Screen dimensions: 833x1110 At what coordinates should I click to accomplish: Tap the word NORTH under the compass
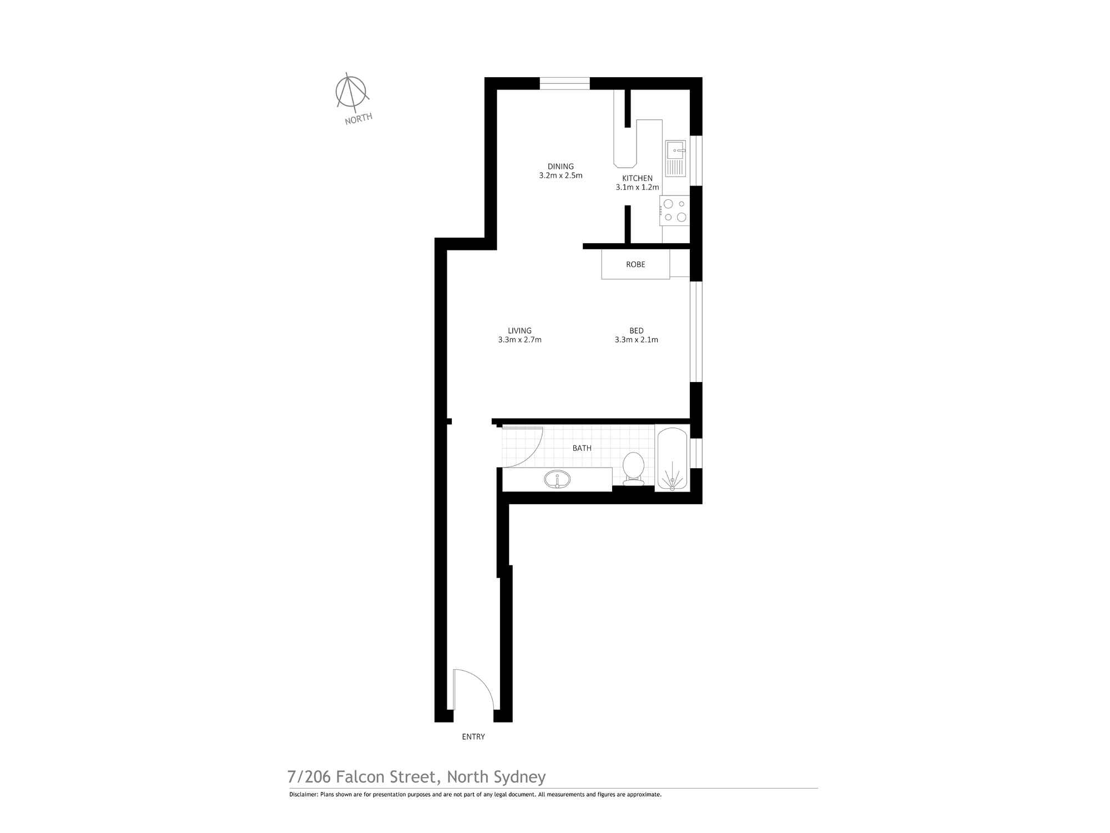point(359,119)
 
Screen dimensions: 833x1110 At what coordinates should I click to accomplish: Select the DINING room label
point(561,166)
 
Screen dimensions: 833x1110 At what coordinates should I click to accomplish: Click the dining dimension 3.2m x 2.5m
point(561,175)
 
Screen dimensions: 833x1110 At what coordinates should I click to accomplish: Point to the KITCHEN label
point(637,178)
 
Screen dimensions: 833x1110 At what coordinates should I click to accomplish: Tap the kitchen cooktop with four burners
point(675,210)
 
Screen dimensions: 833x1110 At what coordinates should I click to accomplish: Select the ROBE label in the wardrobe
point(635,264)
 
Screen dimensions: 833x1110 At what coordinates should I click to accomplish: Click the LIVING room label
point(519,330)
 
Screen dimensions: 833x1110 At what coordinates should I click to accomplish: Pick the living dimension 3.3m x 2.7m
point(519,340)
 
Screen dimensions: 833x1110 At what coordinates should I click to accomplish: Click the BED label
point(637,330)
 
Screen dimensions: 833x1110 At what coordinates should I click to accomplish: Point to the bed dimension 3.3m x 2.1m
point(637,340)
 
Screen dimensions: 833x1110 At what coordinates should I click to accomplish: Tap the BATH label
point(582,448)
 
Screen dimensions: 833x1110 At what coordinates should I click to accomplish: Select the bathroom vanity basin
point(557,479)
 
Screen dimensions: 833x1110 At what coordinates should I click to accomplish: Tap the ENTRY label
point(473,737)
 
